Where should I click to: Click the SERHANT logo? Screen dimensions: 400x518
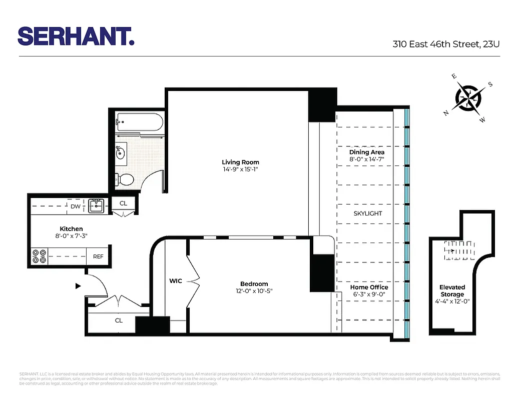point(76,36)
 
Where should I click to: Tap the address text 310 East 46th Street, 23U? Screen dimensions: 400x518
point(446,44)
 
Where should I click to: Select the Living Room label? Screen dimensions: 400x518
point(240,162)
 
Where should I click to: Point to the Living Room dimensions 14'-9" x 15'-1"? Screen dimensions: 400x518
point(240,169)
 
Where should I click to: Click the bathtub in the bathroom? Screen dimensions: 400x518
point(140,121)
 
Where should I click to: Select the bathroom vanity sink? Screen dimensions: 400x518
point(121,152)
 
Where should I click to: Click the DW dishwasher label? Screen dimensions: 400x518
point(76,206)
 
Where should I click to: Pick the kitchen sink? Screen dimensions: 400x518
point(97,205)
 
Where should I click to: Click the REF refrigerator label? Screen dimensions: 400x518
point(98,256)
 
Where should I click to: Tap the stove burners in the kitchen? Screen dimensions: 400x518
point(40,256)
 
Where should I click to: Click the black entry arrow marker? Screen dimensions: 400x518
point(78,286)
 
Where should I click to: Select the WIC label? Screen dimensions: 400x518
point(175,281)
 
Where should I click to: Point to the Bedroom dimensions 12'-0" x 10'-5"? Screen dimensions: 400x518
point(254,291)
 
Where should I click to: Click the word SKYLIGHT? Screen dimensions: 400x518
point(368,213)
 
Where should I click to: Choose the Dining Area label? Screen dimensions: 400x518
point(367,152)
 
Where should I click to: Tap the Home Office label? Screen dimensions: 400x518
point(369,287)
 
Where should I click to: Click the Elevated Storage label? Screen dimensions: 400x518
point(452,290)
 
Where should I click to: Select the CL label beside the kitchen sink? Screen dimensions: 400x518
point(123,203)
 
